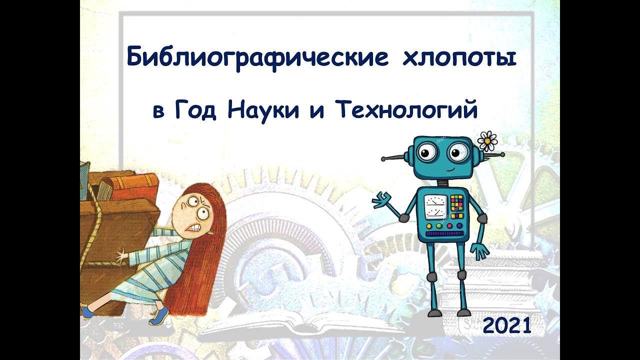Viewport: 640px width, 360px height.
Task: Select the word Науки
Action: click(263, 110)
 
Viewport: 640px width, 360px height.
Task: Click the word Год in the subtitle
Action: click(195, 111)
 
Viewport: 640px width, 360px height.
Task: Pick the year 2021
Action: click(506, 325)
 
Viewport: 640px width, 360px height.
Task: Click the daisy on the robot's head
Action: click(487, 141)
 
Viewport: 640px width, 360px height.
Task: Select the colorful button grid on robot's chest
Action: click(456, 206)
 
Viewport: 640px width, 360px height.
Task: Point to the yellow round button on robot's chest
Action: click(429, 226)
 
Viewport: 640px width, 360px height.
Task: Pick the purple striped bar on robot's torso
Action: click(444, 234)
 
